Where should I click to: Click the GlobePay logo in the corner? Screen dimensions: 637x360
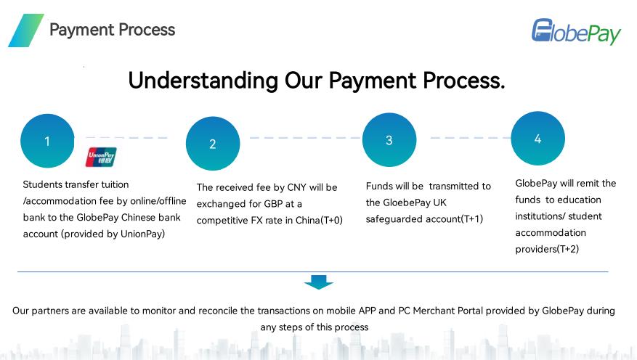[576, 32]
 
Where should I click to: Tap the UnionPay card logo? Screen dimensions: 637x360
[101, 157]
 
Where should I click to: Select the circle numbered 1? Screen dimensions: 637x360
[47, 141]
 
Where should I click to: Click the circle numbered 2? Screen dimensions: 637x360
[213, 143]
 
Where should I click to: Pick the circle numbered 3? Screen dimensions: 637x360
[389, 139]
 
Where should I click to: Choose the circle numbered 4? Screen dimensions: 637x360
[538, 139]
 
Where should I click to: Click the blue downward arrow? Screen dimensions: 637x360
[318, 282]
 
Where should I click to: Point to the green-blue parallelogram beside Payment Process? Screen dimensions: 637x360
[26, 30]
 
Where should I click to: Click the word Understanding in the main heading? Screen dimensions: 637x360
[203, 81]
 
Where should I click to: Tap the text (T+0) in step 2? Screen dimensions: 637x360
[331, 221]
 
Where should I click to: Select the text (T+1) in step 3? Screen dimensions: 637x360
[472, 219]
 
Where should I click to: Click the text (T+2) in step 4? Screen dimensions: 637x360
[567, 249]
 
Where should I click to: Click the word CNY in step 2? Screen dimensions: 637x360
[296, 187]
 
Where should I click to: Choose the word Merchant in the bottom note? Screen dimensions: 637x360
[434, 311]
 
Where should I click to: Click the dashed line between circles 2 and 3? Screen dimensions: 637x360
[304, 138]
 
